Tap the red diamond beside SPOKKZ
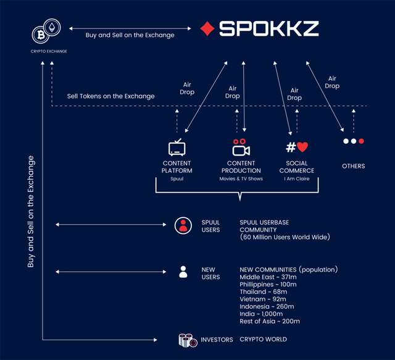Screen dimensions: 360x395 pyautogui.click(x=208, y=28)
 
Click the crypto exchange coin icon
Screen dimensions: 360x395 pyautogui.click(x=48, y=31)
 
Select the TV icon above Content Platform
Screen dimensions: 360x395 pyautogui.click(x=177, y=148)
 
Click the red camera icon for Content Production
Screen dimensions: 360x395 pyautogui.click(x=241, y=148)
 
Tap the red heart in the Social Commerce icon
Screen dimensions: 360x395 pyautogui.click(x=302, y=147)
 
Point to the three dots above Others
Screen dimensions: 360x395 pyautogui.click(x=354, y=141)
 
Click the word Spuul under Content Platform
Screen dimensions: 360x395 pyautogui.click(x=177, y=179)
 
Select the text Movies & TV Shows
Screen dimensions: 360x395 pyautogui.click(x=241, y=179)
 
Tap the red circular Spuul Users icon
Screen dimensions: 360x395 pyautogui.click(x=183, y=225)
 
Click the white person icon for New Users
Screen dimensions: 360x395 pyautogui.click(x=183, y=272)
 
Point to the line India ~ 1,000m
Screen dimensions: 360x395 pyautogui.click(x=262, y=314)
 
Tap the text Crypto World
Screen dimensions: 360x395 pyautogui.click(x=263, y=339)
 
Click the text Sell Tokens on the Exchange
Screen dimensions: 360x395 pyautogui.click(x=111, y=96)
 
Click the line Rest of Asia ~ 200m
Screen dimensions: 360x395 pyautogui.click(x=270, y=321)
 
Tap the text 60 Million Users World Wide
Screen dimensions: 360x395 pyautogui.click(x=285, y=237)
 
